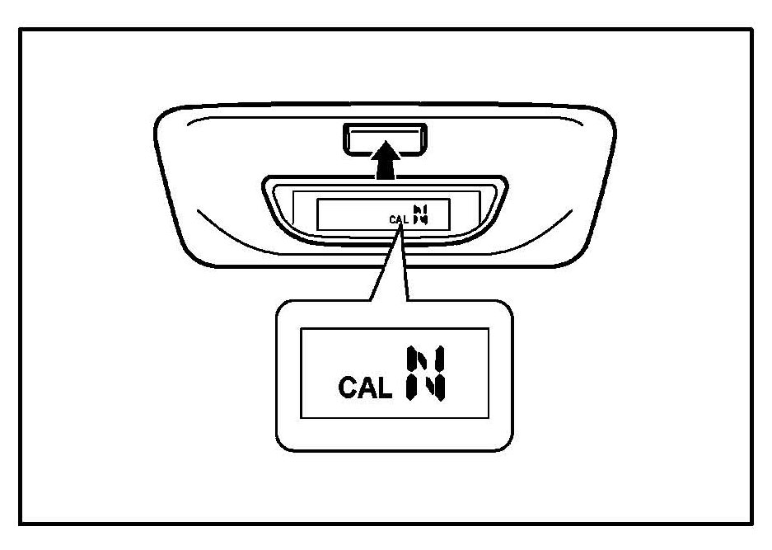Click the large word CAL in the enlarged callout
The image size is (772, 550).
coord(365,388)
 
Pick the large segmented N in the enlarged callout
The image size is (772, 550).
coord(425,375)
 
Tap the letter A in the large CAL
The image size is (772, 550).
coord(366,388)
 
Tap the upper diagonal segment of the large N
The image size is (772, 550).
coord(422,362)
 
